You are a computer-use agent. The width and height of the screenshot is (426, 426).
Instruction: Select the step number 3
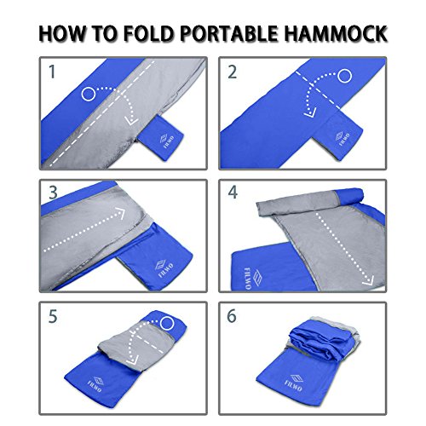pos(53,193)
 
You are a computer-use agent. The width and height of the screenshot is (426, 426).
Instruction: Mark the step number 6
pos(233,317)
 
